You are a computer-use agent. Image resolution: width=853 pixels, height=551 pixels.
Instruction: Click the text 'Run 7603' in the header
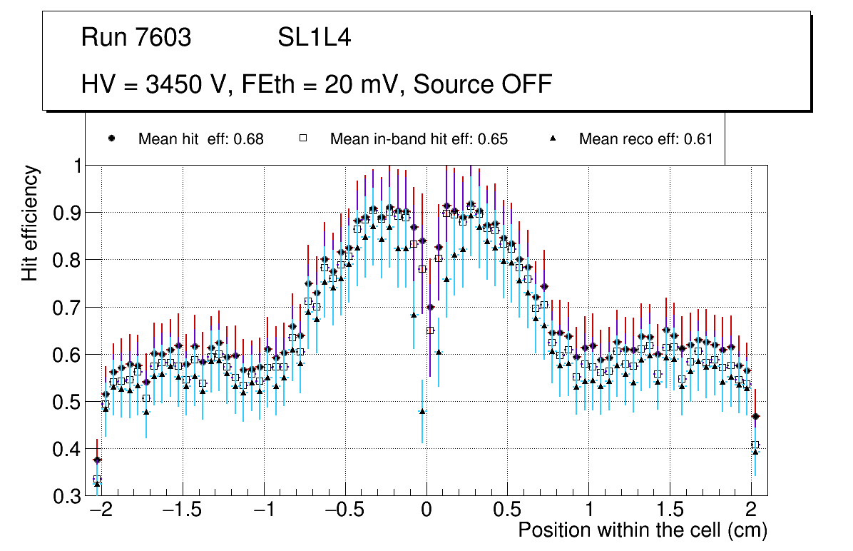136,38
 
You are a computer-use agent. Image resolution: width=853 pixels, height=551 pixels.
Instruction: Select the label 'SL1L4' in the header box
315,38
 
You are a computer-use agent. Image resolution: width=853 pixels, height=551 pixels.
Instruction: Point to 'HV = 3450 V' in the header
151,84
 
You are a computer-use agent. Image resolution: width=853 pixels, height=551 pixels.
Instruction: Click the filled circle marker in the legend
111,138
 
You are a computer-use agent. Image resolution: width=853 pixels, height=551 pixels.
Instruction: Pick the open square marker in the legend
302,138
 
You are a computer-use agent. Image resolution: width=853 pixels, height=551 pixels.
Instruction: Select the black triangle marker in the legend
553,138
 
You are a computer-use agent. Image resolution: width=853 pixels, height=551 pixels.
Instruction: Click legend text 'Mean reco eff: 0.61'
645,139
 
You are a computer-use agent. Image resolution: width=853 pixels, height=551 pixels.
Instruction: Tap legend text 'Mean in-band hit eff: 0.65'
419,139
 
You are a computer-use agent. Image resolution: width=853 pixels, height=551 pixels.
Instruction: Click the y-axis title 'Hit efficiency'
30,223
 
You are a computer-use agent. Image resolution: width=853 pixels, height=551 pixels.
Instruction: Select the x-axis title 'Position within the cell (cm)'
642,530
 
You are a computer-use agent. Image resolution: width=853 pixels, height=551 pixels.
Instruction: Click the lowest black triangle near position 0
422,411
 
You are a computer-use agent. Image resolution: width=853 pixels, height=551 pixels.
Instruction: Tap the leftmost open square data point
97,479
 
